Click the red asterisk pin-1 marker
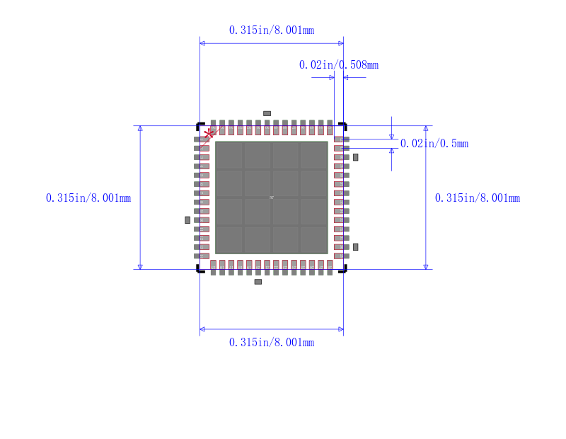click(x=209, y=133)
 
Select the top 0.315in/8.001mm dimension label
click(x=272, y=30)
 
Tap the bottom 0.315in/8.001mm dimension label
click(x=272, y=342)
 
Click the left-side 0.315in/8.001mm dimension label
click(x=88, y=198)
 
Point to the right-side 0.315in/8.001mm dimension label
click(x=478, y=198)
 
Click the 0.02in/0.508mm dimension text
click(x=338, y=64)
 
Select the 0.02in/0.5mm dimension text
click(x=434, y=143)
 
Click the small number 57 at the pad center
click(x=271, y=198)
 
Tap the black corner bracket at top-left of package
click(x=200, y=125)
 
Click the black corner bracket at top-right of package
click(x=343, y=125)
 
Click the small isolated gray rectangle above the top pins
click(x=267, y=113)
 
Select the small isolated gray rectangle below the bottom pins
click(x=258, y=282)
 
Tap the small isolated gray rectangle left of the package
click(x=187, y=220)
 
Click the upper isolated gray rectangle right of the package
click(x=356, y=157)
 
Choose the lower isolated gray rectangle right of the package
click(x=356, y=246)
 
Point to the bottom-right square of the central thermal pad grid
click(x=313, y=239)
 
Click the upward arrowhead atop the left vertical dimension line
click(x=140, y=129)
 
